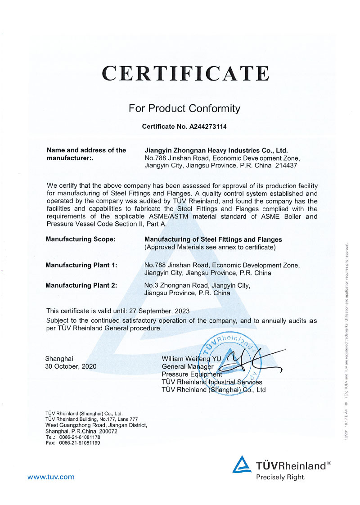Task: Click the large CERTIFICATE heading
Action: coord(185,73)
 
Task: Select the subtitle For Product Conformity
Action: coord(184,108)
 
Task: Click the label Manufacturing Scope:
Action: coord(81,239)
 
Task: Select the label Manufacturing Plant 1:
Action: coord(81,265)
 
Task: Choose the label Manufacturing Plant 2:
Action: coord(81,285)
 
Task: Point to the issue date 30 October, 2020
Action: coord(71,366)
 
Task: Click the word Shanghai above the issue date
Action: coord(59,359)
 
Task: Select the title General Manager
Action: coord(187,366)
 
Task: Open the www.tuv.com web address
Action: coord(51,477)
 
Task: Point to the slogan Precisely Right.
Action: coord(281,477)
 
